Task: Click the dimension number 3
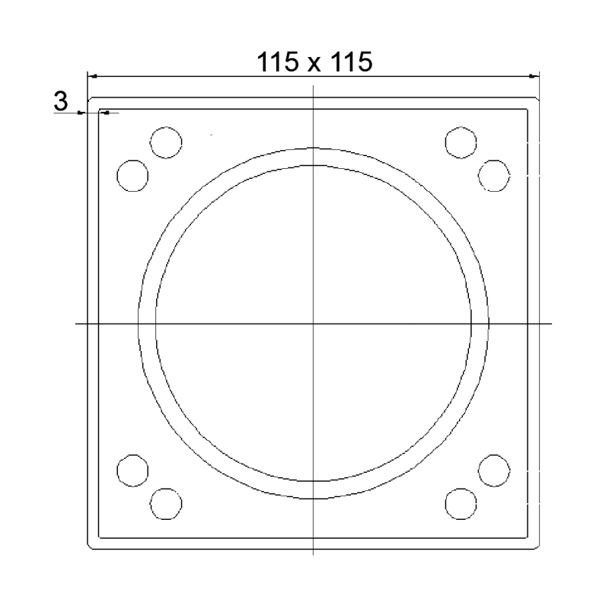tap(61, 101)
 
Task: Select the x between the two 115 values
tap(314, 65)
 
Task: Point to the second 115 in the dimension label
tap(351, 62)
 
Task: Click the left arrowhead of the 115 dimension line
tap(91, 76)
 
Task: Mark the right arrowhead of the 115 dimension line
tap(534, 76)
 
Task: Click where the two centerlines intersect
tap(314, 323)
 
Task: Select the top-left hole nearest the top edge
tap(166, 142)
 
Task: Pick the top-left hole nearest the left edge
tap(132, 176)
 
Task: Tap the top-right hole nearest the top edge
tap(461, 142)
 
